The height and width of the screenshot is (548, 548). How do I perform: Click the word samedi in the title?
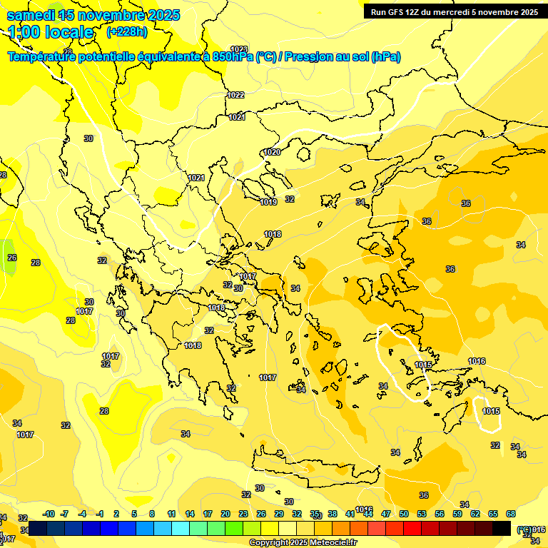pos(31,15)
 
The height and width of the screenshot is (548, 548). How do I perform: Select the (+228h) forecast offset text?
pos(127,32)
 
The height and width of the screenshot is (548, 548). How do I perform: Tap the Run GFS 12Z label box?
pos(452,11)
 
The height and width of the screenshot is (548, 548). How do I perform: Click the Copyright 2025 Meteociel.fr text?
pos(303,542)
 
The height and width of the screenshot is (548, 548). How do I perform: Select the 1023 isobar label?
pos(239,49)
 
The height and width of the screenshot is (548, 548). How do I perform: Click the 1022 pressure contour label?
pos(235,95)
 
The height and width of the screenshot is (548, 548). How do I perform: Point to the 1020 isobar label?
pos(272,152)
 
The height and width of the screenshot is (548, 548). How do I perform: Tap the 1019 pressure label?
pos(268,202)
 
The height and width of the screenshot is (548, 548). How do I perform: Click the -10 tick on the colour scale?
pos(49,514)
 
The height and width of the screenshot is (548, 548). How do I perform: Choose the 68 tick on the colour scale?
pos(511,514)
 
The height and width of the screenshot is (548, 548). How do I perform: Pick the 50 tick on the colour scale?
pos(404,514)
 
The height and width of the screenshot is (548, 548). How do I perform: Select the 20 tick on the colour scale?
pos(225,514)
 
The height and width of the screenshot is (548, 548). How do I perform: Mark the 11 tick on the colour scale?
pos(171,514)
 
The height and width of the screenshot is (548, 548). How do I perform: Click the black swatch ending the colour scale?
pos(502,528)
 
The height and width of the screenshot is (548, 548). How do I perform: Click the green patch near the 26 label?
pos(7,260)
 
